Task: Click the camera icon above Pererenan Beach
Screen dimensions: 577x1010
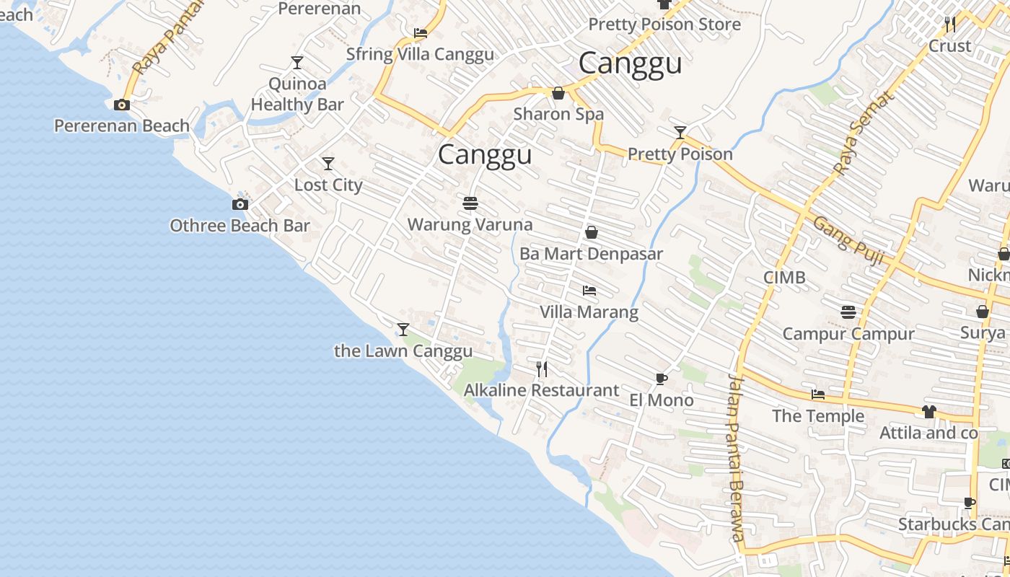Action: coord(122,105)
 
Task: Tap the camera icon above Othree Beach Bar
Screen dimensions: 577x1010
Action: coord(240,205)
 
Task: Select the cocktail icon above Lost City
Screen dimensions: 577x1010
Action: coord(328,164)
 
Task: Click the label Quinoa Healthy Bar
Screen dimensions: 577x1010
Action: coord(297,94)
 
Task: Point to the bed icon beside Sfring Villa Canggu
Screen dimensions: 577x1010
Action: coord(421,32)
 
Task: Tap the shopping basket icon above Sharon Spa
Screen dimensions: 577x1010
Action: coord(558,93)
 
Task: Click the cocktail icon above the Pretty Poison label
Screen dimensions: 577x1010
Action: coord(680,133)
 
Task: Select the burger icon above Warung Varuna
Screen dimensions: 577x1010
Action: coord(470,203)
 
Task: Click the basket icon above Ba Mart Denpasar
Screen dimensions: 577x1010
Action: coord(592,232)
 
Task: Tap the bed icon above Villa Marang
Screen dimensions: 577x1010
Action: coord(589,291)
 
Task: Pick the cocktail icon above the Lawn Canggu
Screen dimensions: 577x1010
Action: coord(403,330)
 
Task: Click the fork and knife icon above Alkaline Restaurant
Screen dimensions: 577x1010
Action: coord(542,369)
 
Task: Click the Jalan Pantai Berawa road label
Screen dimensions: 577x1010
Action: coord(737,457)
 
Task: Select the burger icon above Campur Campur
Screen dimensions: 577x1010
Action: coord(848,312)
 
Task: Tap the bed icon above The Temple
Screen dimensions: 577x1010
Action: coord(818,395)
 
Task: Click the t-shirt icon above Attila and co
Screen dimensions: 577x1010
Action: coord(928,412)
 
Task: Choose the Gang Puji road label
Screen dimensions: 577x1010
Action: coord(848,240)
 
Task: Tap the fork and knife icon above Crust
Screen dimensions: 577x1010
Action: coord(950,25)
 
